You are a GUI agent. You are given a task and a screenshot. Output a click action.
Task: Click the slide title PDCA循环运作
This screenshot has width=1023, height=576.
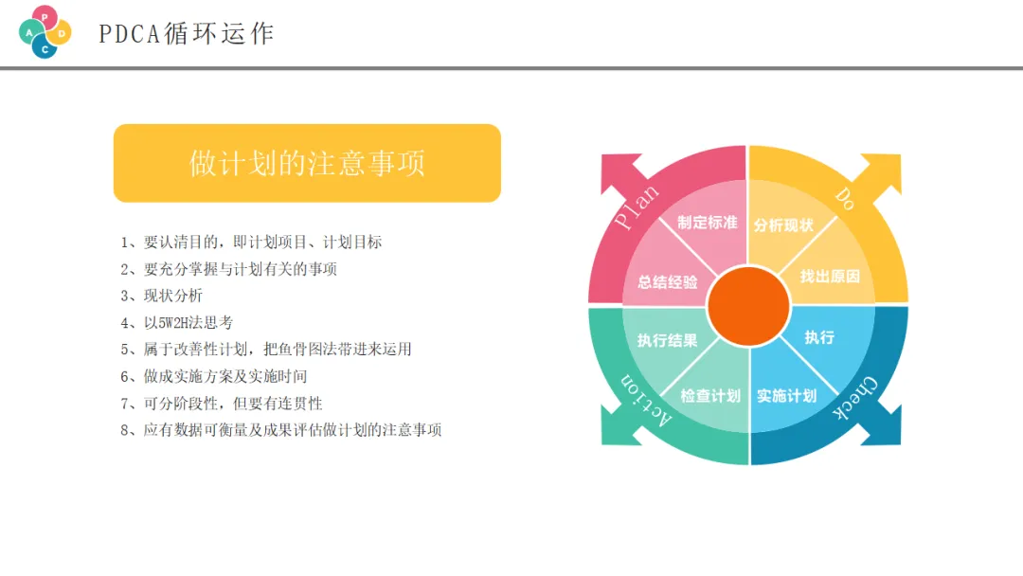(x=186, y=34)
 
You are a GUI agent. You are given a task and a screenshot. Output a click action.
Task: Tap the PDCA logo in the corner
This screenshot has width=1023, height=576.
(x=45, y=31)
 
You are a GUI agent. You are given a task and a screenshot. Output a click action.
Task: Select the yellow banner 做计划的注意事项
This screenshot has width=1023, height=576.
(x=307, y=163)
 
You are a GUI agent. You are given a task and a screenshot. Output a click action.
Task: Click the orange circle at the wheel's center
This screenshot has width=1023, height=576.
(x=748, y=306)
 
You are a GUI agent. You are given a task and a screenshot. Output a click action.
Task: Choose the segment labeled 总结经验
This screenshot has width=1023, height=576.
(x=667, y=281)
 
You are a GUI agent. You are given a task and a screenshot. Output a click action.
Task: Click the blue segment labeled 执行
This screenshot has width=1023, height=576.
(x=819, y=337)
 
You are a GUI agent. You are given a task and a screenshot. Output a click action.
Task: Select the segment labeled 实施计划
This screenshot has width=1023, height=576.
(x=786, y=396)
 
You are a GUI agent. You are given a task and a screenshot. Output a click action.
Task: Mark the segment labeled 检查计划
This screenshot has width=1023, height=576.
(x=710, y=396)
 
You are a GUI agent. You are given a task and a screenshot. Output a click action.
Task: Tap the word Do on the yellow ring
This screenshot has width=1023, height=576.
(x=845, y=197)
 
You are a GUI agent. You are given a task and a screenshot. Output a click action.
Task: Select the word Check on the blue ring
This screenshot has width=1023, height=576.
(x=855, y=400)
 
